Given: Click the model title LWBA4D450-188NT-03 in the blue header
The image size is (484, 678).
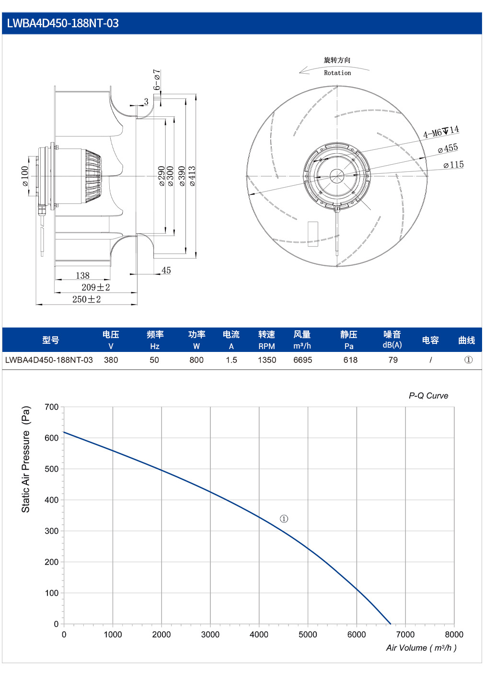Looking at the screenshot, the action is (x=63, y=23).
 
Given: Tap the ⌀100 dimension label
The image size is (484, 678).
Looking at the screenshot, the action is (x=25, y=176).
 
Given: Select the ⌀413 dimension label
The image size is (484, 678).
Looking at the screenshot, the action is (x=192, y=176).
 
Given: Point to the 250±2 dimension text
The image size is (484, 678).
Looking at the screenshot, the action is (x=86, y=299).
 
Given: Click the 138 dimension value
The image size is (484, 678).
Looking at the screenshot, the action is (x=83, y=275).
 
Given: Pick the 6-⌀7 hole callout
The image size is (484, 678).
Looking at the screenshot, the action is (x=157, y=79).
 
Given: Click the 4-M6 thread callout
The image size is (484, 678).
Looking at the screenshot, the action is (x=441, y=132).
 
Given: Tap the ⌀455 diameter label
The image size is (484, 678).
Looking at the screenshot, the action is (x=448, y=148).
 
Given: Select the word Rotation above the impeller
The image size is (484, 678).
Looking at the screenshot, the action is (x=337, y=73).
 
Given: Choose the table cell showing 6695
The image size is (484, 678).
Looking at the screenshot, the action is (x=302, y=360).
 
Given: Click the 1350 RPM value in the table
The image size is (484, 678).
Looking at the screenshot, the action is (x=267, y=360).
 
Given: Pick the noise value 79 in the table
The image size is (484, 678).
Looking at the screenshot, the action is (x=393, y=360).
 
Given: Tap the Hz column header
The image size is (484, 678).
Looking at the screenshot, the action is (x=155, y=346).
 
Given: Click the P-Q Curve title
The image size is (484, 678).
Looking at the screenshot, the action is (x=428, y=395).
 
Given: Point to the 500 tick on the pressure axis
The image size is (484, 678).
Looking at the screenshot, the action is (x=51, y=469).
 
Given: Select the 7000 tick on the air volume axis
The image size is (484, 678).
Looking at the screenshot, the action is (x=405, y=634).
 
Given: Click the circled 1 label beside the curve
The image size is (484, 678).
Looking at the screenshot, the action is (x=284, y=519).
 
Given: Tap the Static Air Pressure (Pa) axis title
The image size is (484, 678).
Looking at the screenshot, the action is (x=26, y=460).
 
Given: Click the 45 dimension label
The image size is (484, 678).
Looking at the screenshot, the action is (x=166, y=271).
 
